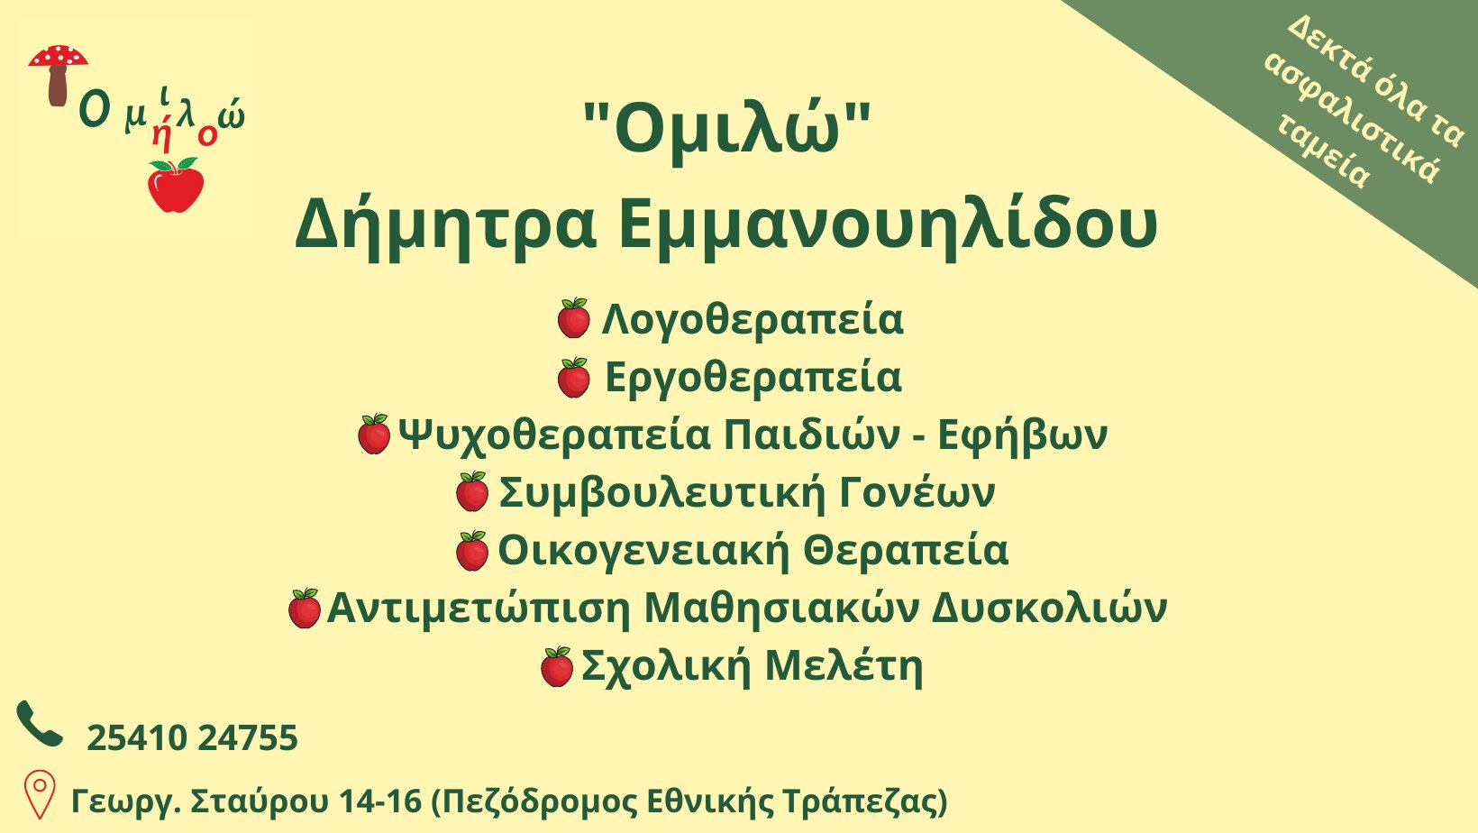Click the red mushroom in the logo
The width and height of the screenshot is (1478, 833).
[58, 74]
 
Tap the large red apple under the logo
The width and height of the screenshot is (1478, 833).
[176, 186]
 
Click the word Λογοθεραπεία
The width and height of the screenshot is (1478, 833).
[753, 320]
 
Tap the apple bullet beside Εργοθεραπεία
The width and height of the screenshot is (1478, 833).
[573, 378]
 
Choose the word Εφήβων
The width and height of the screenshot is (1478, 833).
[1022, 435]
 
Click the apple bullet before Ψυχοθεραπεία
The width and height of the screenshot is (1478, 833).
[374, 434]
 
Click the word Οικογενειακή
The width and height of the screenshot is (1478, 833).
[643, 551]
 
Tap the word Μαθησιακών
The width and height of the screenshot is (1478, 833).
[780, 608]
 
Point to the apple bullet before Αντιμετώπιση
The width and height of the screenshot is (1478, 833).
[305, 608]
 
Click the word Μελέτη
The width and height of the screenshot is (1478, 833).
[844, 666]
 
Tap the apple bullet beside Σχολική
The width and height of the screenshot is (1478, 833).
[557, 666]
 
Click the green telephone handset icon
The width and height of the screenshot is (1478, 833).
[40, 724]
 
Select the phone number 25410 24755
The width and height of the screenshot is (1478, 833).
[192, 737]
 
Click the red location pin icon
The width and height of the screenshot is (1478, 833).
[40, 795]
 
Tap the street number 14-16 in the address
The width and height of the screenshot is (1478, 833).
[380, 801]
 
